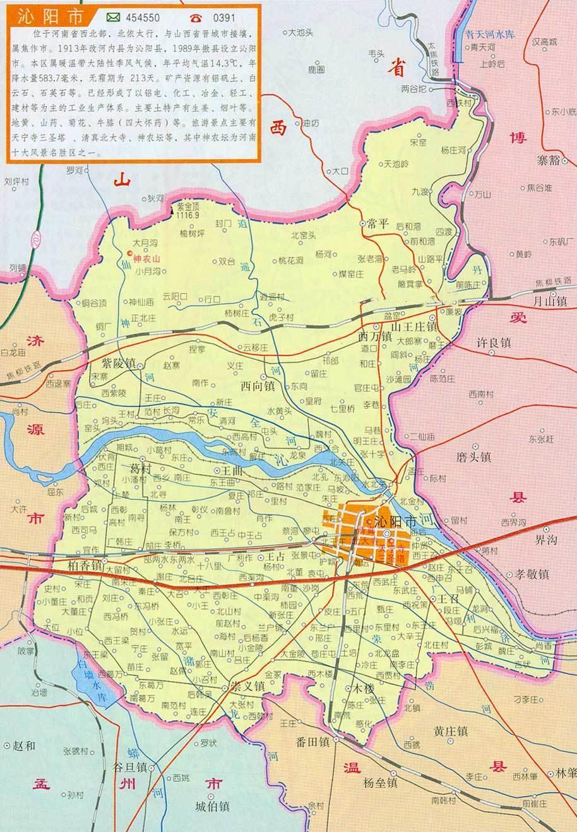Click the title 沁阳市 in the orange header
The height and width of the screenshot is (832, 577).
39,16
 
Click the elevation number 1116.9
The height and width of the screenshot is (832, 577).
187,215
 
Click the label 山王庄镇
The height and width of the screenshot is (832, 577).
414,327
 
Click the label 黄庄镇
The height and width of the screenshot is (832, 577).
450,731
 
